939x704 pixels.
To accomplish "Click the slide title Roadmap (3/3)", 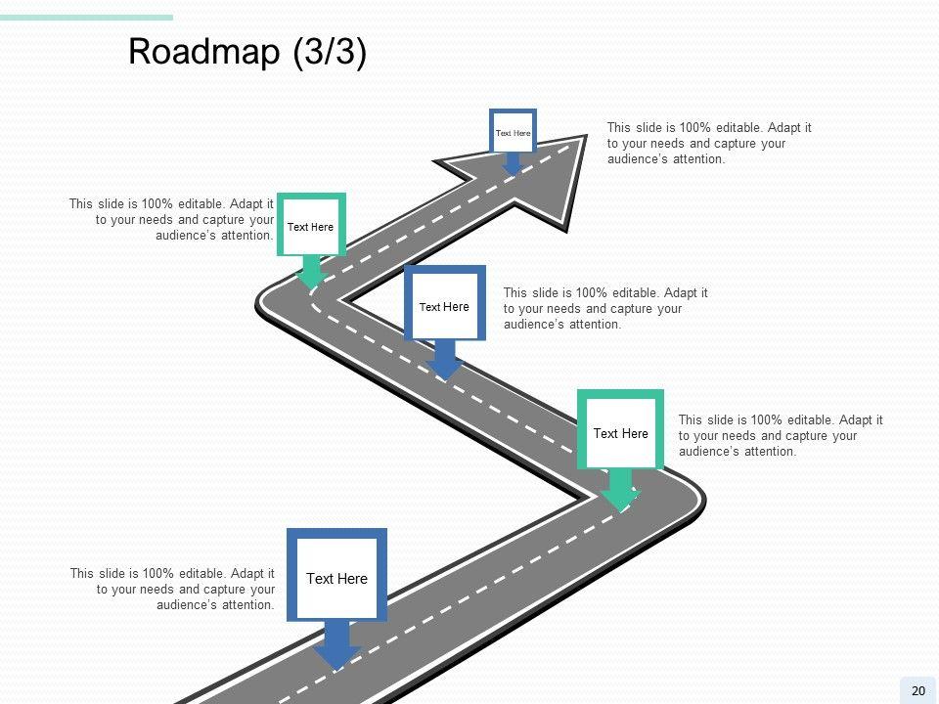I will pos(247,53).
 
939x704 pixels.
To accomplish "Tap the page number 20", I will pos(917,691).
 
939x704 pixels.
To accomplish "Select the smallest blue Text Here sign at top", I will pos(513,131).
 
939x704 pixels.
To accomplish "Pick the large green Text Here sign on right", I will pos(620,432).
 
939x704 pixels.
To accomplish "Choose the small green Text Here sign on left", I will pos(311,226).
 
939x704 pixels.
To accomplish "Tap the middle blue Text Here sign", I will pos(444,305).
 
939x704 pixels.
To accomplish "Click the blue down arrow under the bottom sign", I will pos(336,646).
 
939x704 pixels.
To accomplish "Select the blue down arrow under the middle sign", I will pos(445,360).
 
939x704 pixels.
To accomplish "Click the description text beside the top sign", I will pos(708,143).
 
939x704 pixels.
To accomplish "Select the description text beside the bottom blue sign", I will pos(172,589).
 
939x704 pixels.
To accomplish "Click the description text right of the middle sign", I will pos(604,308).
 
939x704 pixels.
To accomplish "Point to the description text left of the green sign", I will pos(171,219).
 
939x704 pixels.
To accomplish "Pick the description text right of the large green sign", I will pos(780,435).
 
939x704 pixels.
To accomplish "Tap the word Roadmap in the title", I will pos(204,53).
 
